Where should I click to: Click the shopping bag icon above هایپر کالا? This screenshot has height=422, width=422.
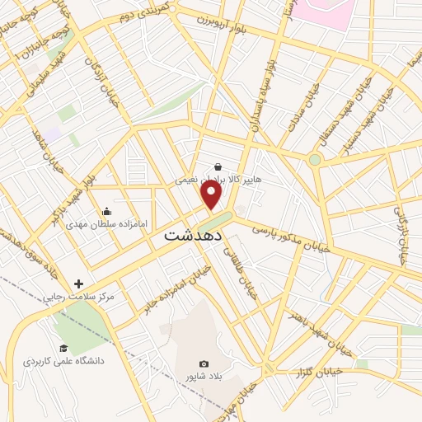(x=217, y=166)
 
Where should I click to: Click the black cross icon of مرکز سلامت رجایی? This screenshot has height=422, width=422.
(x=79, y=284)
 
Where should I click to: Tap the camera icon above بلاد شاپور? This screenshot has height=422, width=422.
(x=204, y=363)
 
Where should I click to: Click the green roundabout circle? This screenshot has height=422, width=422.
(x=314, y=159)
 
